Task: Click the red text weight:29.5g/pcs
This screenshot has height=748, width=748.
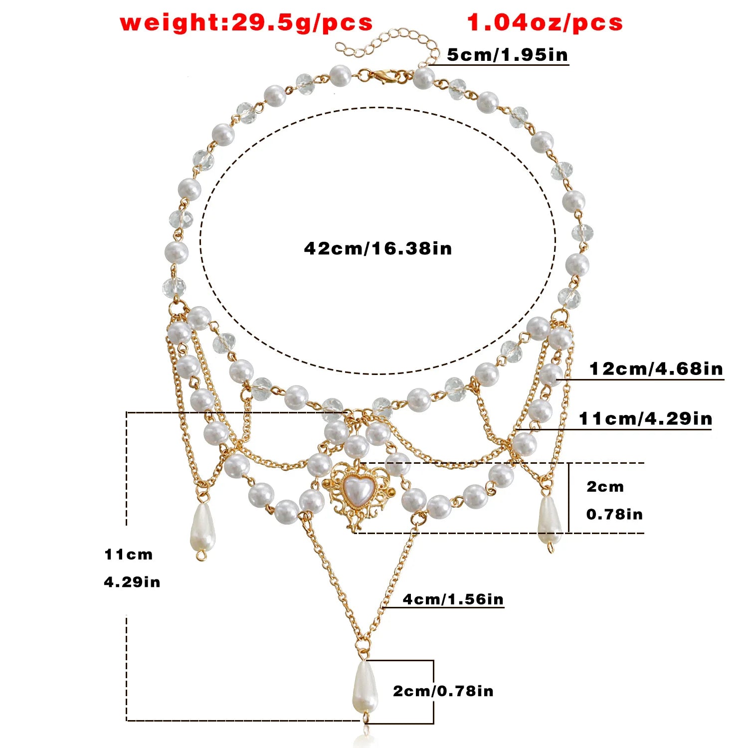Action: [246, 23]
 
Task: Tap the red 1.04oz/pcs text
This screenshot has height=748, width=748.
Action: [545, 23]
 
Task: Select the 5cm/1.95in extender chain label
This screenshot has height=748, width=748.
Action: [507, 54]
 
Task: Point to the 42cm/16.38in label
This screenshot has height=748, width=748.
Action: [378, 248]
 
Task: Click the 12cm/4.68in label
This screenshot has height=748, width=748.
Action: [656, 369]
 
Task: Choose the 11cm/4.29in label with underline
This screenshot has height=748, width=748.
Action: [646, 418]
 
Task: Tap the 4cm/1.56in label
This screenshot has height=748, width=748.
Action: [453, 599]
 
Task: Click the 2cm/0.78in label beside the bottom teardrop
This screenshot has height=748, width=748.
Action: [443, 691]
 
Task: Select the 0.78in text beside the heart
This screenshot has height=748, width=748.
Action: [614, 514]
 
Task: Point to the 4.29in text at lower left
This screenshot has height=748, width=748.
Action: [132, 582]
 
